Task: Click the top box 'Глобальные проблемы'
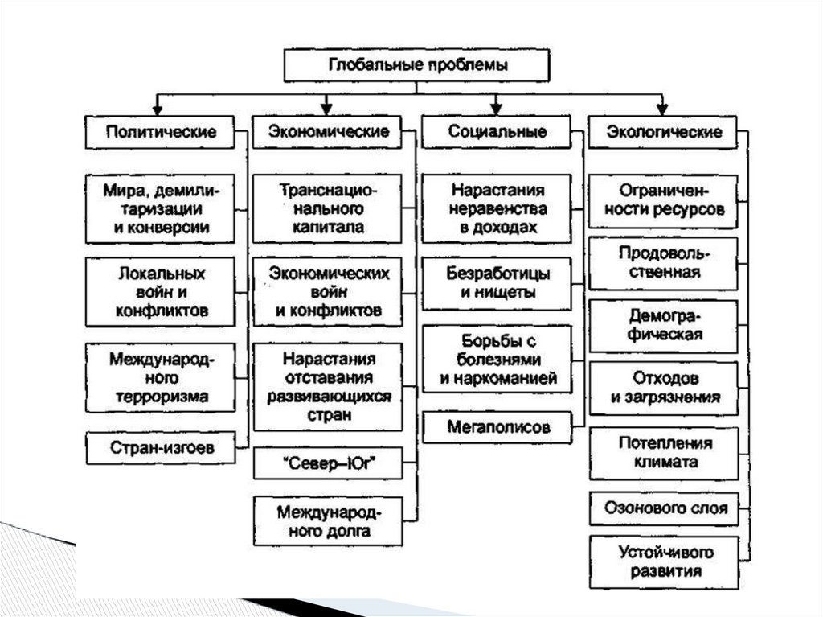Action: click(x=416, y=65)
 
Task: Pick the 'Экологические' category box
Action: click(x=663, y=132)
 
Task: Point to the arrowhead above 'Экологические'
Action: click(x=662, y=107)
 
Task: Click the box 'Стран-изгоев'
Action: click(x=162, y=448)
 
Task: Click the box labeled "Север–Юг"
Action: click(x=328, y=465)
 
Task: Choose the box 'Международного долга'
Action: click(x=328, y=521)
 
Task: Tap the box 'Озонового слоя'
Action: click(x=663, y=508)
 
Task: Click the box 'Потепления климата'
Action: click(x=663, y=453)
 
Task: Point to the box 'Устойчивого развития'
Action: click(x=663, y=562)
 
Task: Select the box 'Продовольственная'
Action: click(x=663, y=263)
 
